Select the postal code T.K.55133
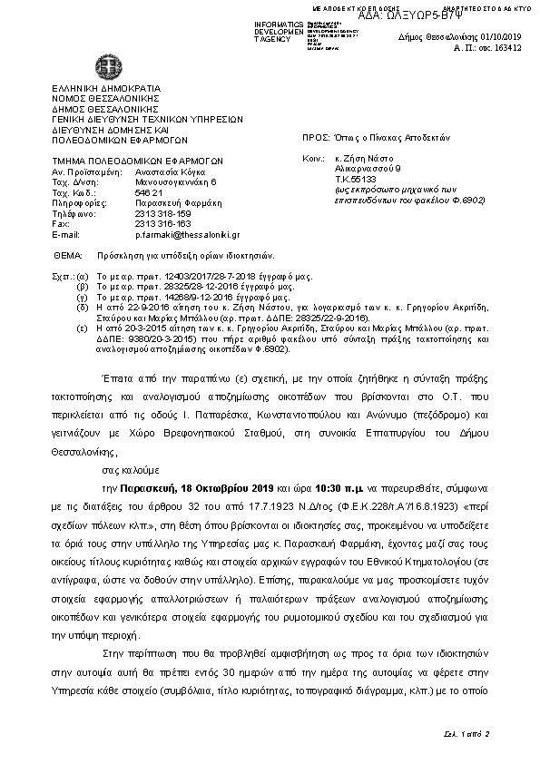356,179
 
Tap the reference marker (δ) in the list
83,309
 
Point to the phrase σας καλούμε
123,470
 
